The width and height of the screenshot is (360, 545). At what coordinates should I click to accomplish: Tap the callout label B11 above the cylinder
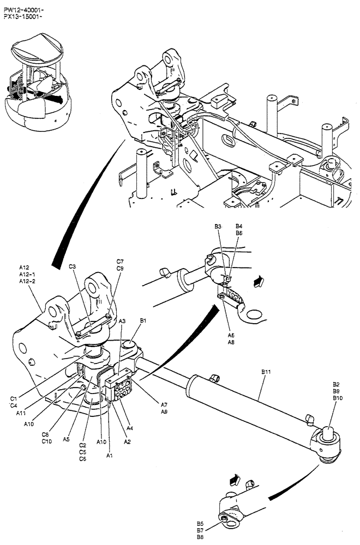(x=267, y=372)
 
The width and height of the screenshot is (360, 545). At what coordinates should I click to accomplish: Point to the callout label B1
(x=143, y=322)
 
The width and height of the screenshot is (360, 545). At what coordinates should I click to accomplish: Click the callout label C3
(x=72, y=267)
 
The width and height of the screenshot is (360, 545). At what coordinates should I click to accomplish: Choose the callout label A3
(x=123, y=322)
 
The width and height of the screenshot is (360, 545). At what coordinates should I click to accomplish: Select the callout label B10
(x=338, y=398)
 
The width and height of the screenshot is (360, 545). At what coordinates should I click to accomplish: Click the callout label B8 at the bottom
(x=200, y=537)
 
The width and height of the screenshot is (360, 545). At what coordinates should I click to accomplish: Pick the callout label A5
(x=66, y=439)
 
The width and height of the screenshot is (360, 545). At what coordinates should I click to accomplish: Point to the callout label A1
(x=109, y=455)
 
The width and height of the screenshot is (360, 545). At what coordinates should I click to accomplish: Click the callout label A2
(x=127, y=441)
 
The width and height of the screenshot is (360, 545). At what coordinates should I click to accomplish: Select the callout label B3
(x=218, y=226)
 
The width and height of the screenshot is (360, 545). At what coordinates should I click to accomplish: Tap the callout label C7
(x=120, y=261)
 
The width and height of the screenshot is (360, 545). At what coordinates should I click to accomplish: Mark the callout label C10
(x=47, y=441)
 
